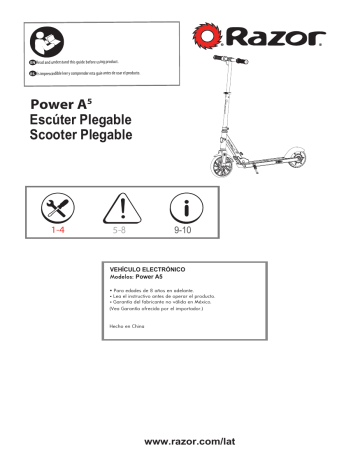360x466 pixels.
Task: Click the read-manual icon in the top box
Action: (41, 41)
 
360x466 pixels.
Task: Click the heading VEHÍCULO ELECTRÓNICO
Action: (151, 271)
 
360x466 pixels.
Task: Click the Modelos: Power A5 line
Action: (141, 277)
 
